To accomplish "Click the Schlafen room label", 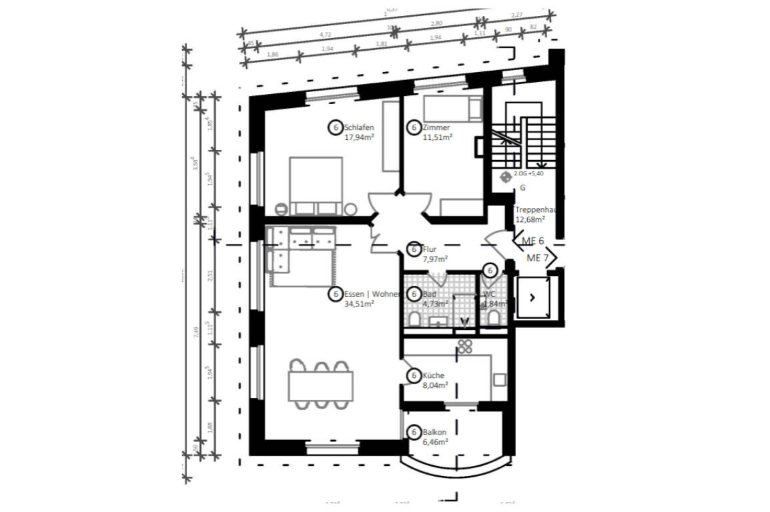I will (x=359, y=127).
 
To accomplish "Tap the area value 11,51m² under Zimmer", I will (x=438, y=137).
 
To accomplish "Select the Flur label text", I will (x=430, y=250).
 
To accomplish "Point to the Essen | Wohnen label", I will (x=372, y=294).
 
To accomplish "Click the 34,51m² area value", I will (x=359, y=304).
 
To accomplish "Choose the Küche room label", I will (x=433, y=376).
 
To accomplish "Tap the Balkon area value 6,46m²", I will (x=435, y=441).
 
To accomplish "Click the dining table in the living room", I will (x=320, y=385).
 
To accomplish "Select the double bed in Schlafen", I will (x=316, y=185).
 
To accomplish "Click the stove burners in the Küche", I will (x=464, y=347).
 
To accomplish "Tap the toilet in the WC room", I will (x=493, y=319).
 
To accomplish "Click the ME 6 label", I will (x=533, y=241).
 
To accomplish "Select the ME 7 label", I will (x=538, y=258).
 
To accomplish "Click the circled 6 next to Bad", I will (x=414, y=294).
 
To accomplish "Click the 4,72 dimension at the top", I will (x=326, y=33).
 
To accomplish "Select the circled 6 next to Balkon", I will (x=414, y=433).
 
